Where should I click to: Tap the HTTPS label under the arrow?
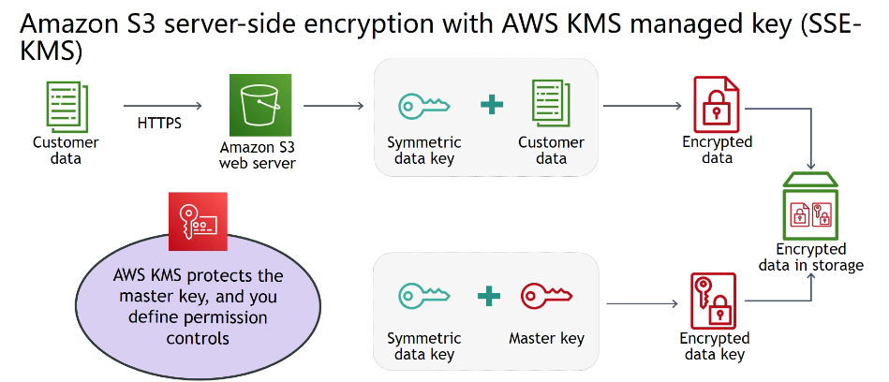[160, 123]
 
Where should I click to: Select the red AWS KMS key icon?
[198, 221]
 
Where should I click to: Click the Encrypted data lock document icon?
[716, 104]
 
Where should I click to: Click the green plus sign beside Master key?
[487, 297]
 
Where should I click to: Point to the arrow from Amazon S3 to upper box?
[333, 105]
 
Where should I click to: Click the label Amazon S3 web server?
[257, 155]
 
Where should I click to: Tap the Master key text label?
[546, 338]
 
